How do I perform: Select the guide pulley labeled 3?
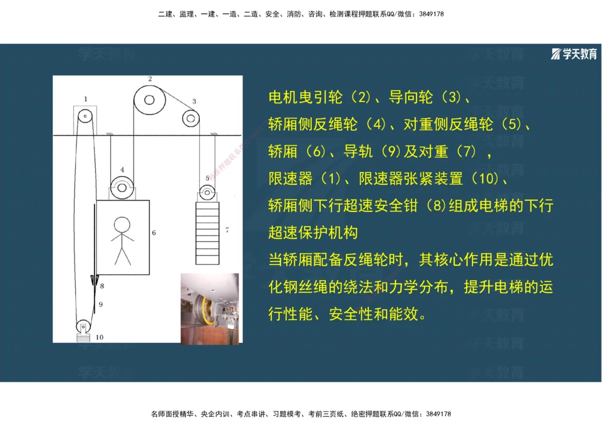click(x=191, y=118)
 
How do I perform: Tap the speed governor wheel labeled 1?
click(x=85, y=114)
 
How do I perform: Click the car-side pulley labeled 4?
click(x=122, y=187)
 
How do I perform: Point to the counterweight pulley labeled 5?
click(x=206, y=193)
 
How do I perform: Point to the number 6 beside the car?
click(x=154, y=232)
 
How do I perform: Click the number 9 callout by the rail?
click(x=101, y=305)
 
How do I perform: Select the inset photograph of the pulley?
click(x=209, y=308)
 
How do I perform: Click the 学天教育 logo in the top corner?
click(x=574, y=54)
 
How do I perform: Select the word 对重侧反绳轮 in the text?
click(x=448, y=125)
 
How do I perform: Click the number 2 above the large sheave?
click(x=150, y=79)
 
